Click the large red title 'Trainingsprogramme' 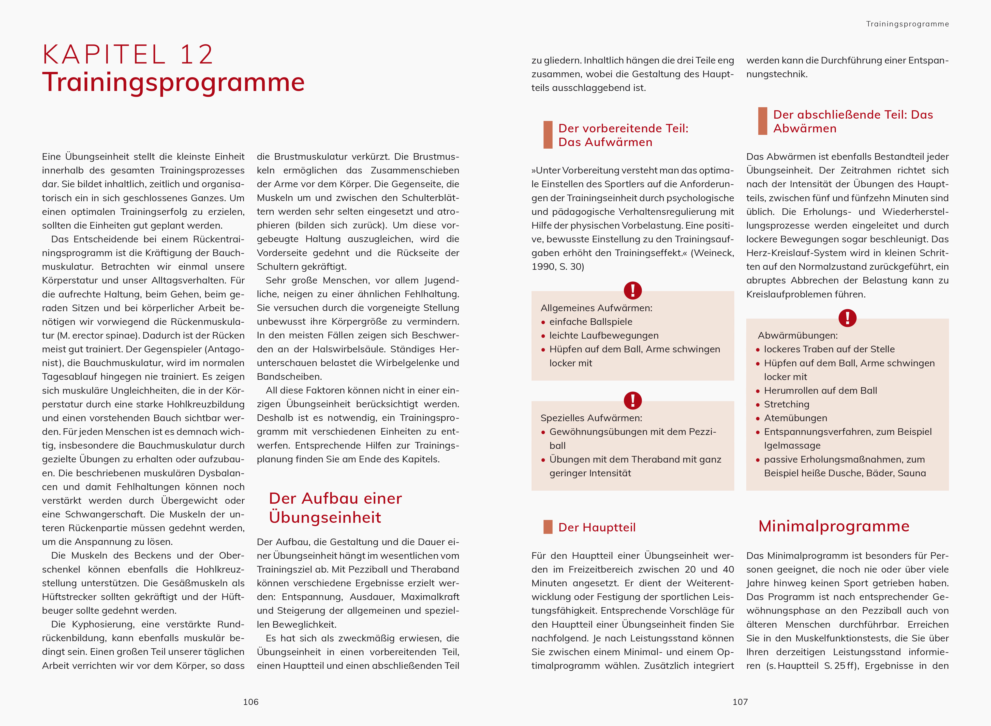173,82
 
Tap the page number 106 251,702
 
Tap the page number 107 740,702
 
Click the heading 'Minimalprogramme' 834,526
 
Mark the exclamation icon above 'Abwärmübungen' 847,318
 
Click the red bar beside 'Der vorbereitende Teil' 548,135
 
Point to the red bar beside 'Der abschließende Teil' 762,121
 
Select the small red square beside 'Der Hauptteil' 548,527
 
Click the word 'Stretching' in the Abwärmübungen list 787,404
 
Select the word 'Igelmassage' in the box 792,446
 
